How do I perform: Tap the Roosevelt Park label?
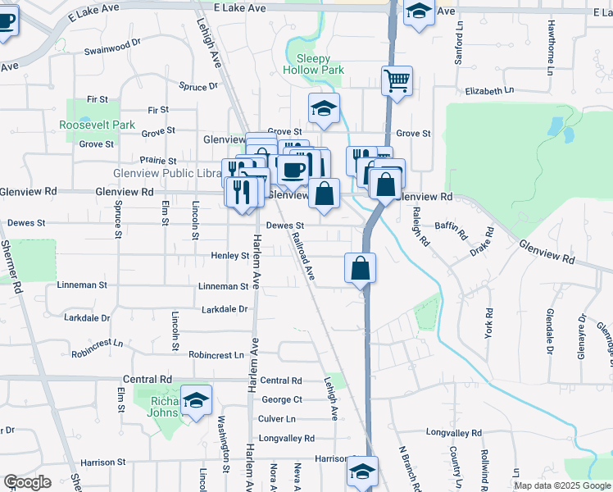tap(97, 125)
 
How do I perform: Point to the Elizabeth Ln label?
tap(489, 90)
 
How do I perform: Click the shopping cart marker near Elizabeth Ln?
tap(397, 80)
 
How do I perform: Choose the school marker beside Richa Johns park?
tap(197, 400)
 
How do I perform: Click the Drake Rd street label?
tap(480, 246)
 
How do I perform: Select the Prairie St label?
tap(158, 161)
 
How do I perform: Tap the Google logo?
tap(28, 482)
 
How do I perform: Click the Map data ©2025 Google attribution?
tap(561, 485)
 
